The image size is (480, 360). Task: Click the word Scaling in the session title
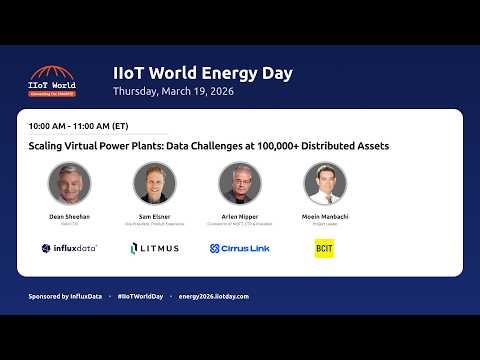(x=49, y=146)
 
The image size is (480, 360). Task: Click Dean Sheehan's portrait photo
(x=69, y=183)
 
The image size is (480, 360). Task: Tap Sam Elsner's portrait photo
(x=154, y=183)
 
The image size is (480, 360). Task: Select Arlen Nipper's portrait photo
(x=240, y=183)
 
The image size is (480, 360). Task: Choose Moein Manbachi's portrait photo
(x=325, y=183)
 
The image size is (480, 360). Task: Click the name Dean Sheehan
(x=69, y=216)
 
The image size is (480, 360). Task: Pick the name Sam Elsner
(x=154, y=216)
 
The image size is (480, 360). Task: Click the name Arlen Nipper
(x=240, y=216)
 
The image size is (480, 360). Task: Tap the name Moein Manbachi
(x=325, y=216)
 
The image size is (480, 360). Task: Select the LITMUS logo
(x=154, y=248)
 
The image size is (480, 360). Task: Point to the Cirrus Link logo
(x=240, y=248)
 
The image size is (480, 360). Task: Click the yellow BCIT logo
(x=324, y=248)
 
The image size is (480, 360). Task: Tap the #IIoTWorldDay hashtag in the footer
(x=139, y=297)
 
